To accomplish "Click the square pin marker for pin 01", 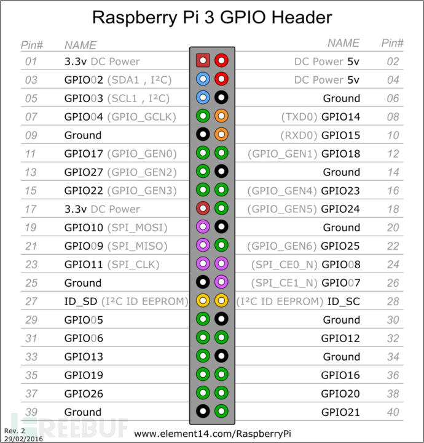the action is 203,60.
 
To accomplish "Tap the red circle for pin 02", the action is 221,60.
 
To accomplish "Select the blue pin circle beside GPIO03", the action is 203,97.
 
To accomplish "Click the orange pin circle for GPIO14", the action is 221,116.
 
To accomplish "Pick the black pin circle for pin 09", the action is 203,134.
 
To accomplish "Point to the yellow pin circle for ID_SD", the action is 203,300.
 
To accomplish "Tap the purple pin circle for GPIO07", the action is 221,282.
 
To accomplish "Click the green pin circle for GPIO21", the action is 221,411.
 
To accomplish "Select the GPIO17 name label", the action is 84,154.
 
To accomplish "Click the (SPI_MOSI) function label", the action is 138,228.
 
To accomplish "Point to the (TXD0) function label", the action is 299,117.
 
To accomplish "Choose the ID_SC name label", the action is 344,301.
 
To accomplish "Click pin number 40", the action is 393,412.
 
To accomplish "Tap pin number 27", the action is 31,301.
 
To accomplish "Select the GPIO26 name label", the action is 84,394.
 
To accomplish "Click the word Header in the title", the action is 302,17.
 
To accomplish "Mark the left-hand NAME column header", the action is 80,45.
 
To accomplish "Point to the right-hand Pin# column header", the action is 393,43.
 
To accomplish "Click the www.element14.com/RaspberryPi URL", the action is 213,433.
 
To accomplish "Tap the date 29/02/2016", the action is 23,439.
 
